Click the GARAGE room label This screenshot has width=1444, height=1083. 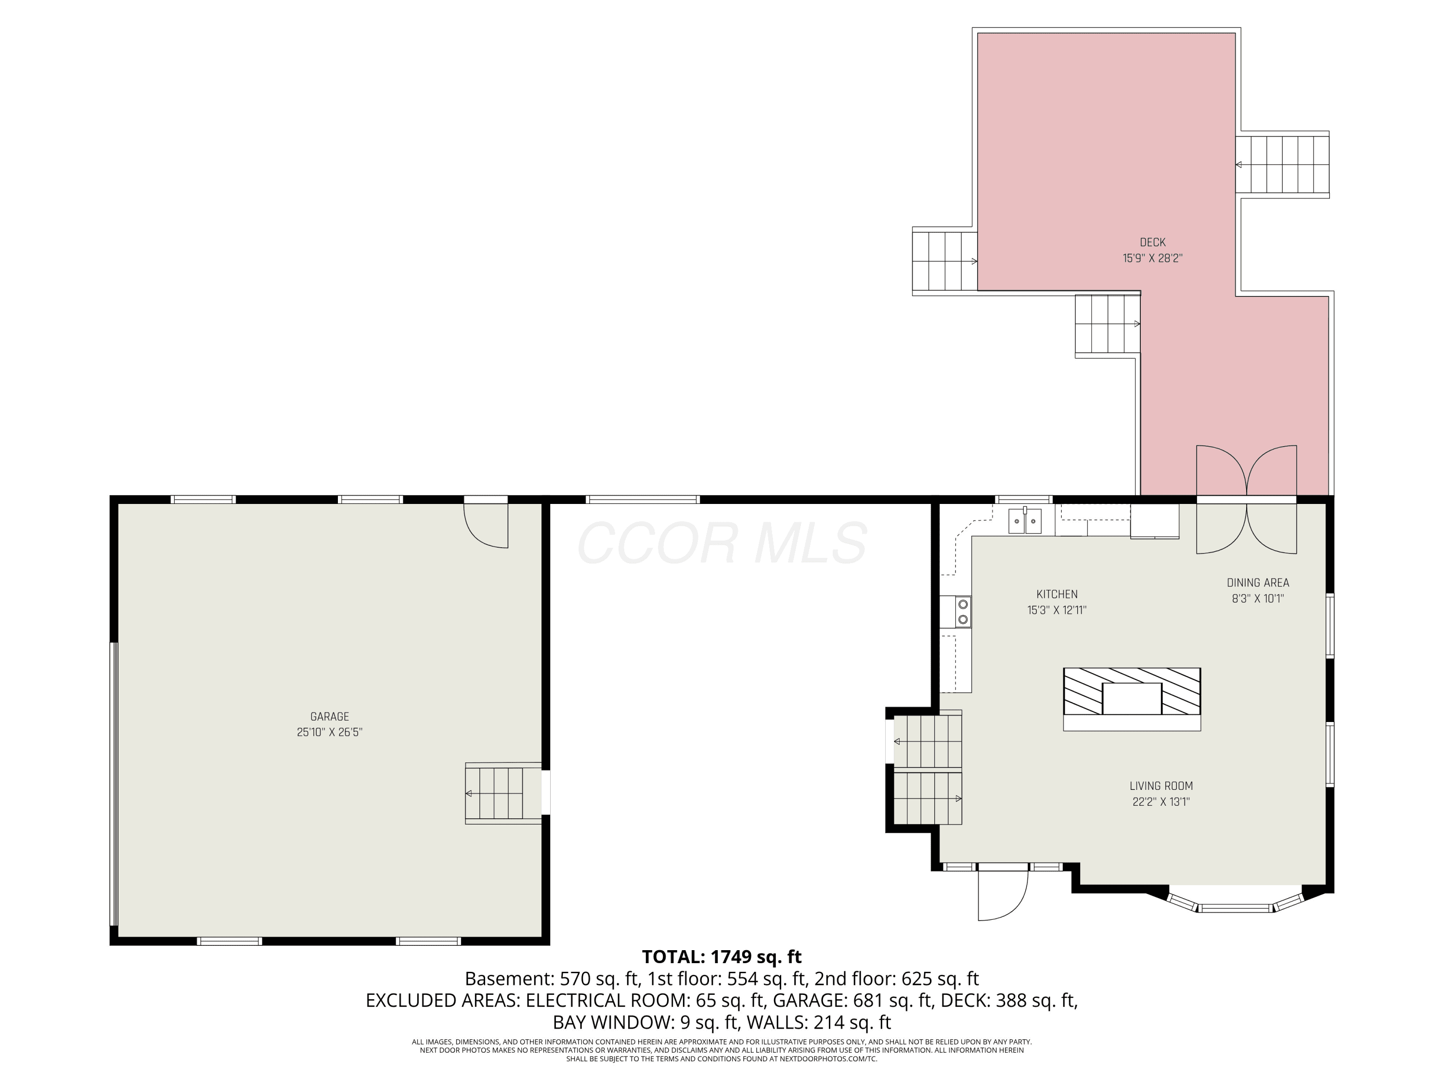click(330, 716)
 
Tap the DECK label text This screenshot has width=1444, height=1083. click(1153, 242)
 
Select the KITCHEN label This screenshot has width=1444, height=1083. click(1057, 594)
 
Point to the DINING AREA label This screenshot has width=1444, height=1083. click(1258, 582)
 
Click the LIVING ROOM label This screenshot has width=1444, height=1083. click(1161, 786)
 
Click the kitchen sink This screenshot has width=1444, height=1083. click(1025, 521)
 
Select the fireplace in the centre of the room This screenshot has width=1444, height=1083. click(1132, 698)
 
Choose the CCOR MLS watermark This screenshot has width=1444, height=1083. click(722, 543)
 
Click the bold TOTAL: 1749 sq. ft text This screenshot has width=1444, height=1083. click(722, 957)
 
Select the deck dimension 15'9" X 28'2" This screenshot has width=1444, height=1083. click(1153, 258)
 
